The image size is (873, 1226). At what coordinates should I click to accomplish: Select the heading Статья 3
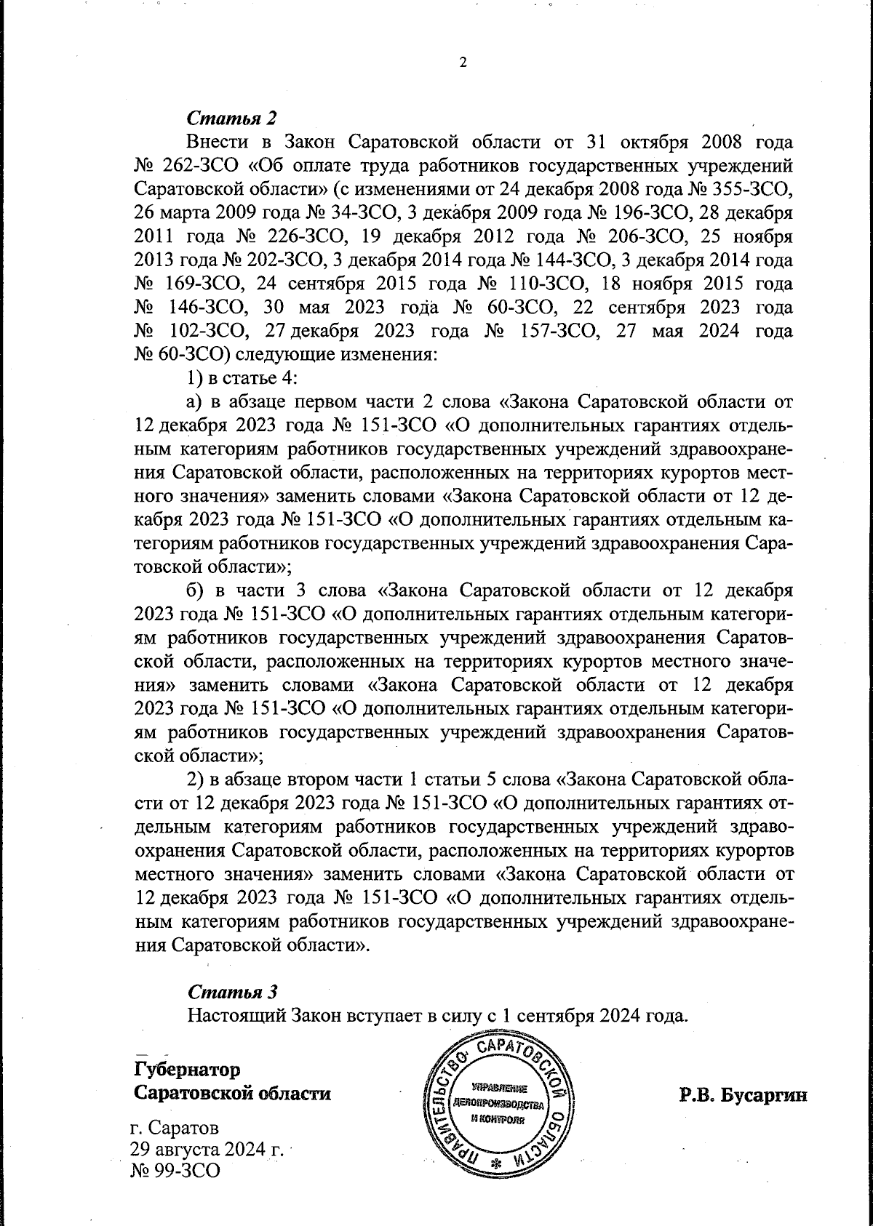[x=232, y=991]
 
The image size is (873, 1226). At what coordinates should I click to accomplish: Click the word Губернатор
[x=187, y=1070]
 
